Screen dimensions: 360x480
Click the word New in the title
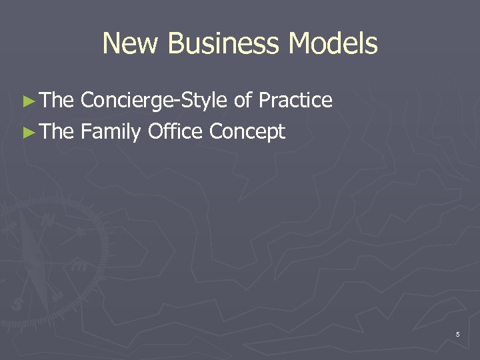(x=131, y=44)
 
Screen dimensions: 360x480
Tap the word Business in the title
(x=224, y=44)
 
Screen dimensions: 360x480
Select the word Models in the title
(x=334, y=44)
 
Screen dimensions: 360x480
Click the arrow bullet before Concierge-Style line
(x=27, y=101)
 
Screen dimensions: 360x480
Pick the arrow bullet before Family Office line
(x=27, y=133)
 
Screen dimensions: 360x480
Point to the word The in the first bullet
(x=57, y=101)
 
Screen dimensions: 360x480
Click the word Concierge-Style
(x=154, y=101)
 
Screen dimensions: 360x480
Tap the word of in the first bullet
(x=243, y=101)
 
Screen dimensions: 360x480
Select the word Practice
(x=295, y=101)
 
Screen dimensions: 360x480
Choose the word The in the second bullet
(x=57, y=132)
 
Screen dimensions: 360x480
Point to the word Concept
(x=247, y=133)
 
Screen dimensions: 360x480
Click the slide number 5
(x=457, y=334)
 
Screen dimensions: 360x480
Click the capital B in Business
(x=176, y=44)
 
